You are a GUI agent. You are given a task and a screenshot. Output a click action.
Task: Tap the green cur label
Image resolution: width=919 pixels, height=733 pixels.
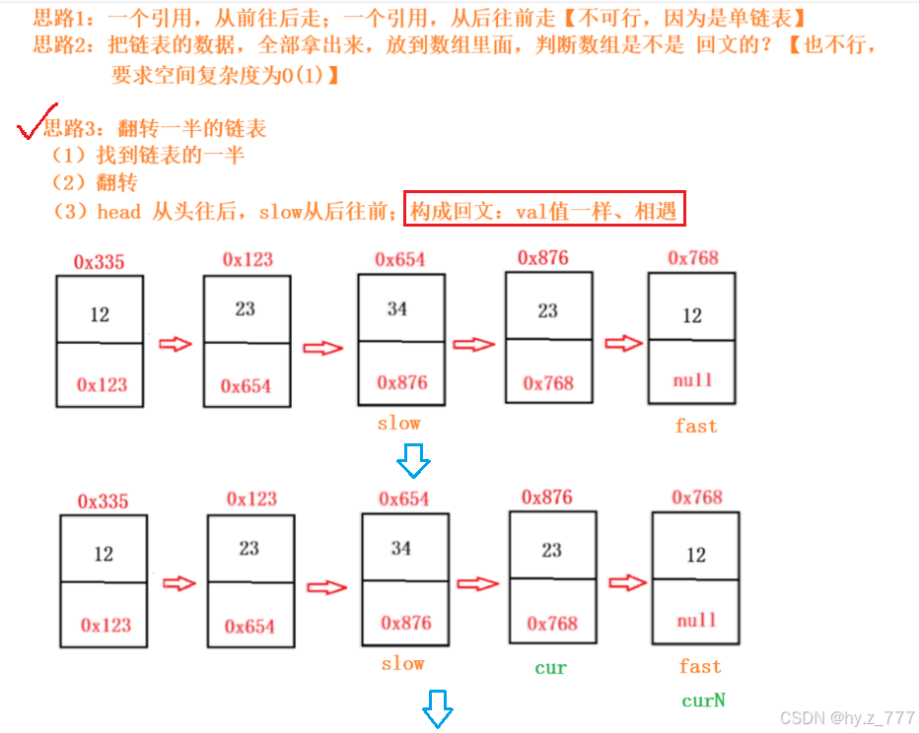coord(550,668)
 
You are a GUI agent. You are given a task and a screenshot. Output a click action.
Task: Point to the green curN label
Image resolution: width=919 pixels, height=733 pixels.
coord(703,700)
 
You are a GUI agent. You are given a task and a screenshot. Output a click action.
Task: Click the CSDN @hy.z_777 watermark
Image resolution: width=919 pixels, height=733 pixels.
coord(847,718)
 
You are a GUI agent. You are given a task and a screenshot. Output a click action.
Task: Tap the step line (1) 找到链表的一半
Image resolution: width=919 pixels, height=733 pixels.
coord(148,155)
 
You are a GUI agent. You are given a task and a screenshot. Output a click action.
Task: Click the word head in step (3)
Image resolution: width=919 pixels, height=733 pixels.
coord(118,211)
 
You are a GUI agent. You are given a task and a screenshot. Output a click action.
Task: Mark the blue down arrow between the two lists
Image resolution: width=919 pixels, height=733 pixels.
coord(413,459)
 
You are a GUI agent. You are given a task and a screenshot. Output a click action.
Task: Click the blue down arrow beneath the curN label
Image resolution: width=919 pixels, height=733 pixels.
coord(437,708)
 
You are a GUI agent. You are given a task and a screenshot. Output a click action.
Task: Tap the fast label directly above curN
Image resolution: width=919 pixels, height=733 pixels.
coord(699,666)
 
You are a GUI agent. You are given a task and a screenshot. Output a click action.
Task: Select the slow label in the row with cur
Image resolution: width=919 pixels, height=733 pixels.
coord(402,663)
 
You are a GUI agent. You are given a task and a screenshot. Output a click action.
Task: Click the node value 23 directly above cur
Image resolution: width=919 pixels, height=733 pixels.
coord(551,550)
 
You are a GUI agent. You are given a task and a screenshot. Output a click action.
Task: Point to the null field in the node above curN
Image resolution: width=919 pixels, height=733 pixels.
coord(696,621)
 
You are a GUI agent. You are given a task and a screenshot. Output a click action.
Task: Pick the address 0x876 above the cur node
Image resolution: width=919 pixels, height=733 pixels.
coord(547,498)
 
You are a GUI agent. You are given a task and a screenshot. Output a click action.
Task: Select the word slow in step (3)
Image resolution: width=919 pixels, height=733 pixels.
coord(281,211)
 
